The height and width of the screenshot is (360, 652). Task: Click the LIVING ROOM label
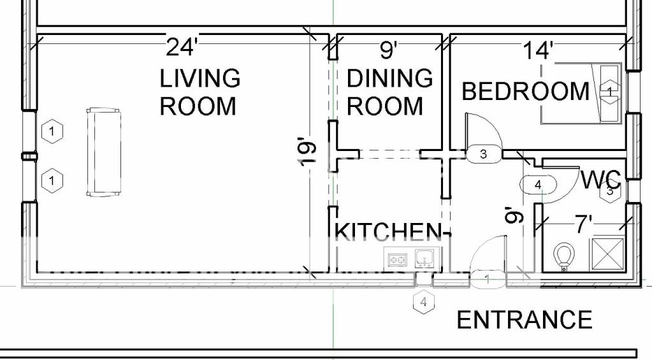click(199, 92)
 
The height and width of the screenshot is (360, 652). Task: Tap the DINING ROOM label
click(389, 92)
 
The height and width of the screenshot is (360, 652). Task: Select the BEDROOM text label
click(526, 91)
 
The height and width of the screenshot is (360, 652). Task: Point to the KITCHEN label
click(387, 231)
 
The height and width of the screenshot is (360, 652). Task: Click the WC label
click(600, 180)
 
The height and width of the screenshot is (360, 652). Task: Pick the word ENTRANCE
click(525, 320)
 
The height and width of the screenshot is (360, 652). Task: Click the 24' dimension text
click(180, 47)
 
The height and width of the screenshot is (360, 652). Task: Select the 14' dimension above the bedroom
click(538, 50)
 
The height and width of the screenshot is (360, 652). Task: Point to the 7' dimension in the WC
click(584, 224)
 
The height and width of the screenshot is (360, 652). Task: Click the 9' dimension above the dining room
click(389, 50)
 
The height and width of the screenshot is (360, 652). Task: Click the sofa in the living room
click(103, 152)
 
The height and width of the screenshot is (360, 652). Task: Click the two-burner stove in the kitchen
click(397, 260)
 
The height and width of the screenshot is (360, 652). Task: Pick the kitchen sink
click(424, 258)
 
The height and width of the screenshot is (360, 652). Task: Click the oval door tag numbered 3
click(482, 154)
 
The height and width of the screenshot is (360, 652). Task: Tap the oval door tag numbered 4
click(538, 184)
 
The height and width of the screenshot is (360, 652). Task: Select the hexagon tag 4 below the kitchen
click(424, 302)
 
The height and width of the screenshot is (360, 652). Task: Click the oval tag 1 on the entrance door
click(488, 279)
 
